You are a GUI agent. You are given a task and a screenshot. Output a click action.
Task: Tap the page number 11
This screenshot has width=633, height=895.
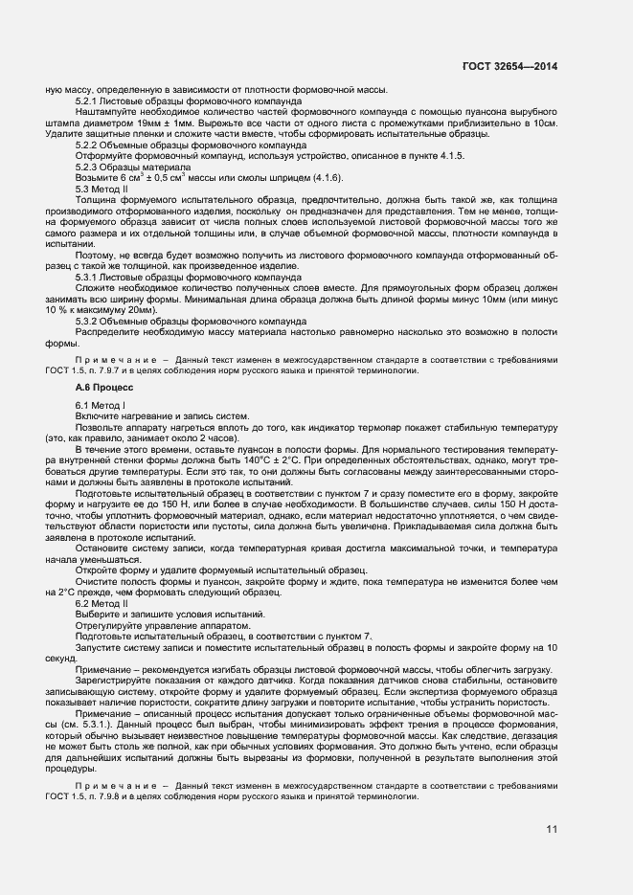click(x=551, y=829)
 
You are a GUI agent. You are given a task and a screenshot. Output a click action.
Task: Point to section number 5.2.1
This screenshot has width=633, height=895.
click(x=89, y=101)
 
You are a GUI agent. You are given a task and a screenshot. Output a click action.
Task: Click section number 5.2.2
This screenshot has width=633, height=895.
click(x=89, y=145)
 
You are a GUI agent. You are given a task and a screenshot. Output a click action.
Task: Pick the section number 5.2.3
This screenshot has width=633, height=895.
click(x=89, y=167)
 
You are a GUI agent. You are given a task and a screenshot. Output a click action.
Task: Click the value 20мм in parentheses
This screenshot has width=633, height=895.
click(x=139, y=311)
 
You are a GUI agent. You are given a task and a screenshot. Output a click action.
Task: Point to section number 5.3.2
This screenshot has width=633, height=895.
click(x=89, y=323)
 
